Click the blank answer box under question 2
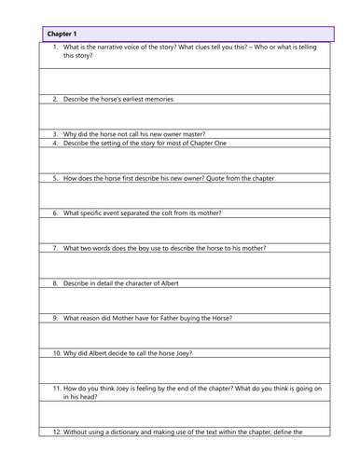[x=187, y=116]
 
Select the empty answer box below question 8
[x=187, y=300]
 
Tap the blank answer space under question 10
[x=187, y=370]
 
